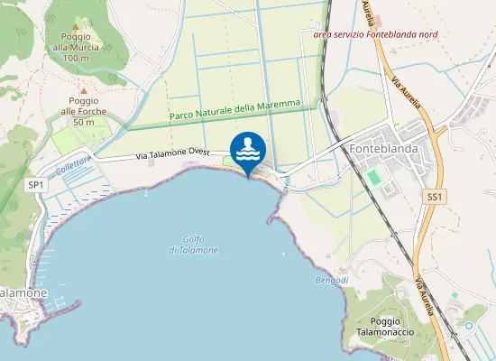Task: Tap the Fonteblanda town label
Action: tap(384, 143)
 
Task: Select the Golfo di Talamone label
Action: tap(194, 244)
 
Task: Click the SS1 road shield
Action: tap(436, 196)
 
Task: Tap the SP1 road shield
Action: tap(36, 185)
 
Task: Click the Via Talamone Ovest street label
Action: tap(173, 154)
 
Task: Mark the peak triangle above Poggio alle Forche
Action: tap(83, 90)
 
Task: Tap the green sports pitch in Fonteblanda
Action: tap(373, 177)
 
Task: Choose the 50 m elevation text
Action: tap(84, 122)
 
